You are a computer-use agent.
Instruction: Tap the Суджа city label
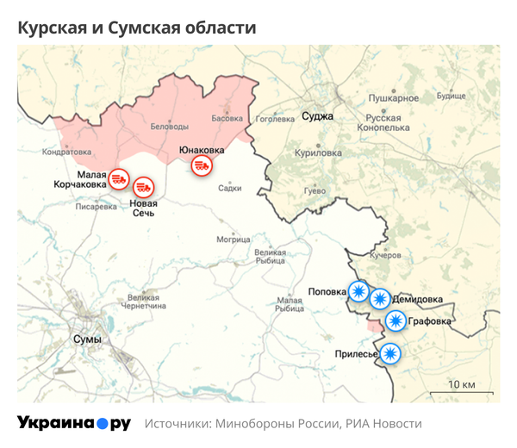317,115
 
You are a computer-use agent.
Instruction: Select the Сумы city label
87,339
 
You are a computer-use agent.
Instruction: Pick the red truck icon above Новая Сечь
142,187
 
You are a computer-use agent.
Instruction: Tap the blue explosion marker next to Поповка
357,292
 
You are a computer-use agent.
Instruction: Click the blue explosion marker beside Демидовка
379,299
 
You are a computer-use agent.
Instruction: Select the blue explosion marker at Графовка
396,321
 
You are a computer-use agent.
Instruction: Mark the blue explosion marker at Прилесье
390,352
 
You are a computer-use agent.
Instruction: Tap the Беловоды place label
169,127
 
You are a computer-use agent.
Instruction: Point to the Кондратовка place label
66,152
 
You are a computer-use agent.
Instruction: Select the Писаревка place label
97,207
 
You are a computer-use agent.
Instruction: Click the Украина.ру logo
73,423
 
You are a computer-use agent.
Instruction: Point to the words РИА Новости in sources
383,424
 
